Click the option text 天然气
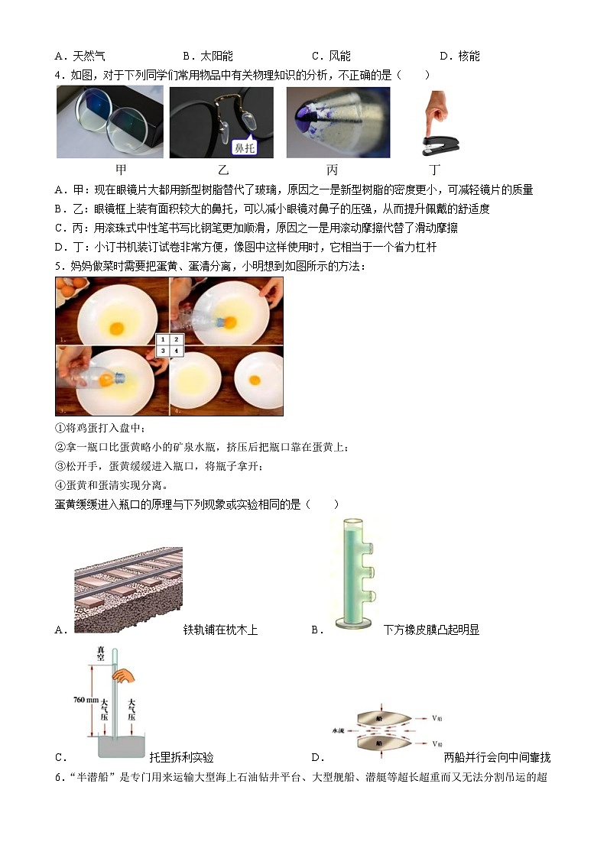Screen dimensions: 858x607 (x=89, y=56)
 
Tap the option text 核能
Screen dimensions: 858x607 (x=469, y=56)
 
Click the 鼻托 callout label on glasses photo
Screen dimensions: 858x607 (x=245, y=147)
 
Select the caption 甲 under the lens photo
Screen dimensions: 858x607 (x=121, y=170)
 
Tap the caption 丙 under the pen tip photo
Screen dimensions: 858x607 (x=331, y=170)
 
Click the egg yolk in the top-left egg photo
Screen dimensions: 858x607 (x=116, y=327)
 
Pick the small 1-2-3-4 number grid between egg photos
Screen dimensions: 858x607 (x=169, y=345)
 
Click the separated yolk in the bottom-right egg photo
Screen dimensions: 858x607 (x=258, y=380)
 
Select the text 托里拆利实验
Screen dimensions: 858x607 (x=181, y=758)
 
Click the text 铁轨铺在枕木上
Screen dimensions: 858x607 (x=220, y=630)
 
